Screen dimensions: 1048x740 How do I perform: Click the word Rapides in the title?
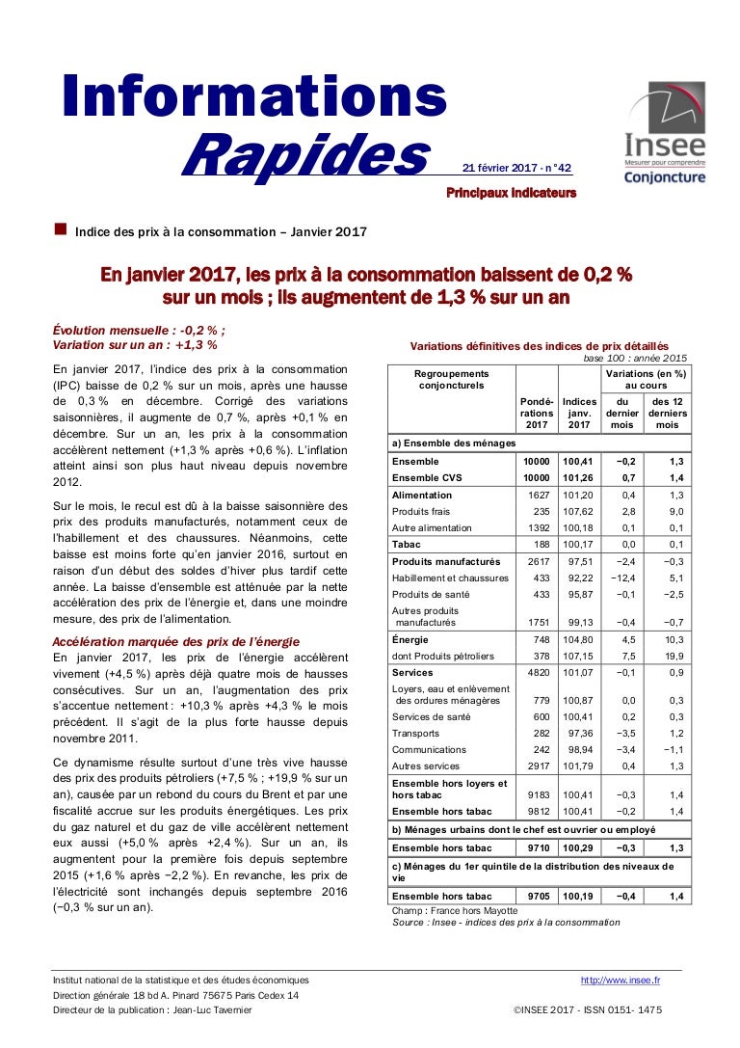(304, 156)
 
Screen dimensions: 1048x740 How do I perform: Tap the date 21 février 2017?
(498, 168)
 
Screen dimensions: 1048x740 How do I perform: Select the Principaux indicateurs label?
(511, 193)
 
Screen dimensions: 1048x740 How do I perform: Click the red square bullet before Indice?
(61, 229)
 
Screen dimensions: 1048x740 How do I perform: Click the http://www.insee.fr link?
(620, 981)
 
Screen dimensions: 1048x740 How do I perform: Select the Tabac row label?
(409, 545)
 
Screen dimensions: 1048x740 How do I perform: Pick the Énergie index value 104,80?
(579, 639)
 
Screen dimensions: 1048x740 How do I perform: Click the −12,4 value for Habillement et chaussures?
(622, 578)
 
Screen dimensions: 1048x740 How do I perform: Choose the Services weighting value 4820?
(536, 672)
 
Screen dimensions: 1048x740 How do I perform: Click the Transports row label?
(415, 734)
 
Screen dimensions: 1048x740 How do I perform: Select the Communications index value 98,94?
(579, 749)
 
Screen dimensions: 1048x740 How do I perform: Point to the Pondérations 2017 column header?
(536, 413)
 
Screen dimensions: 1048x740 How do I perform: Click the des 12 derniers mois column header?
(668, 413)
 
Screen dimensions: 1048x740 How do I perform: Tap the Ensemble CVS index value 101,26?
(579, 477)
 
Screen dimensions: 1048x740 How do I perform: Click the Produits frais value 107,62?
(579, 512)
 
